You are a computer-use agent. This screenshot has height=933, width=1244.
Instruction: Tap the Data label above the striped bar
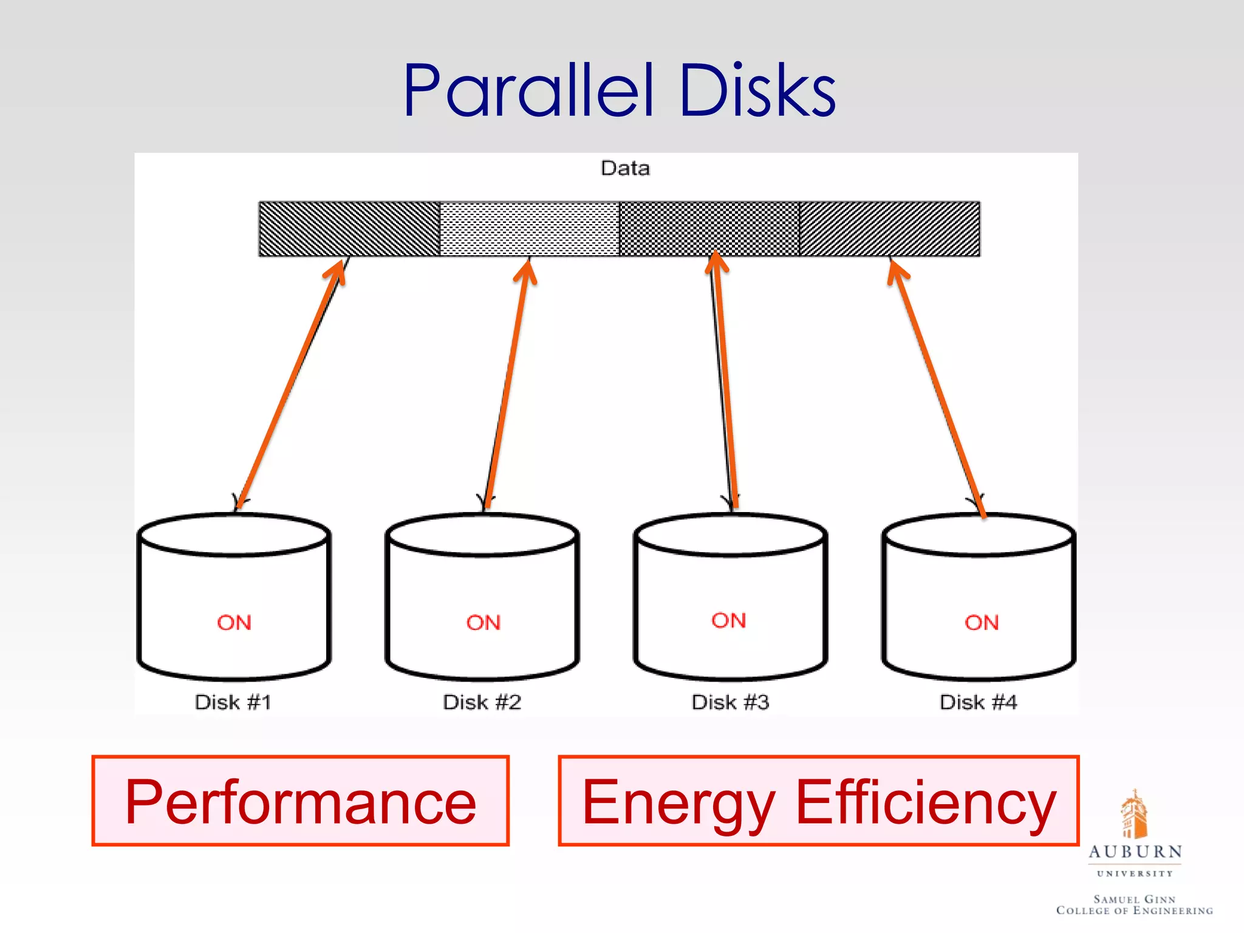tap(625, 168)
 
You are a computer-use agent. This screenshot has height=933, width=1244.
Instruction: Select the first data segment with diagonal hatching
tap(349, 229)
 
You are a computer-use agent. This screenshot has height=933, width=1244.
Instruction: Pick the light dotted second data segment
tap(529, 229)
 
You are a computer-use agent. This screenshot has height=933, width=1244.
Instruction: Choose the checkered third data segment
tap(709, 229)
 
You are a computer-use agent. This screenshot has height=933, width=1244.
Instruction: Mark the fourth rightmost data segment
tap(889, 229)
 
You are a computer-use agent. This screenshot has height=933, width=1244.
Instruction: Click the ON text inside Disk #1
tap(234, 623)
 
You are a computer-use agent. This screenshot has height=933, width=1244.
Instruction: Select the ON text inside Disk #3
tap(729, 620)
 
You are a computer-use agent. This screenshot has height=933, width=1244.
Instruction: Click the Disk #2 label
tap(482, 702)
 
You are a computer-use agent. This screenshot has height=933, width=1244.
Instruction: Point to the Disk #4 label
tap(978, 702)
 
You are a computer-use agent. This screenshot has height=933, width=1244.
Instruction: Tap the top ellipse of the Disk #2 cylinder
tap(482, 535)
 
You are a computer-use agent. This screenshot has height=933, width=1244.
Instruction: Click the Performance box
tap(300, 801)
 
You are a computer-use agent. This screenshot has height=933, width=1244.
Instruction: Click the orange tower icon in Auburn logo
tap(1133, 814)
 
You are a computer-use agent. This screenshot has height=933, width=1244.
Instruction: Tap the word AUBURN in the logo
tap(1135, 852)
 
